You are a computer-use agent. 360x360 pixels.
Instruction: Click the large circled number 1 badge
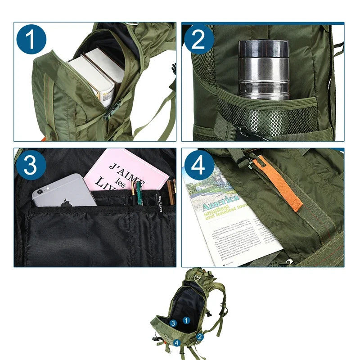31,40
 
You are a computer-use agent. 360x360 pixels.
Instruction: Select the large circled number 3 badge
31,166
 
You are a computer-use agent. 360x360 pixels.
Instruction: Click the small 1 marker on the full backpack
186,320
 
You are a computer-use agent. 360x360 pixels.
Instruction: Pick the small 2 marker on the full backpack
200,336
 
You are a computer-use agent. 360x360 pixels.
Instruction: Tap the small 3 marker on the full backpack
173,323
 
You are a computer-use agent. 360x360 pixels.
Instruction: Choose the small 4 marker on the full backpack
177,343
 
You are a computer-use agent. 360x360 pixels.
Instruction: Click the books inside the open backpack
94,74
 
